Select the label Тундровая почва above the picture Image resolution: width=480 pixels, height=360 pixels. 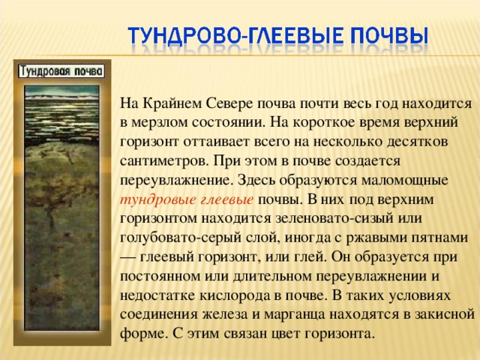pos(60,70)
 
